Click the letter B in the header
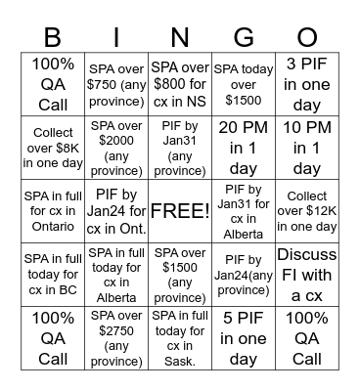[x=52, y=37]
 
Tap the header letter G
[x=244, y=37]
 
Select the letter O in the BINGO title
[x=307, y=37]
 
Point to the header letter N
[x=180, y=37]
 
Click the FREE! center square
[x=180, y=210]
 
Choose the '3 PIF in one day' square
[x=307, y=84]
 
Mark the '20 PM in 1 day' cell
[x=244, y=147]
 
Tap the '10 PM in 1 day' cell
[x=307, y=147]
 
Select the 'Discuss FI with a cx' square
[x=307, y=274]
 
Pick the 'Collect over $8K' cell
[x=52, y=147]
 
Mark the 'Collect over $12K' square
[x=307, y=210]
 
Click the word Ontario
[x=52, y=227]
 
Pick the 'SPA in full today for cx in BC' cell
[x=52, y=274]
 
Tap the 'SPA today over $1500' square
[x=244, y=84]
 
